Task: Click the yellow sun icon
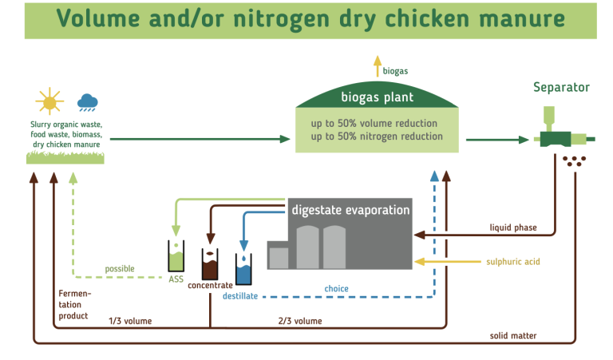[49, 102]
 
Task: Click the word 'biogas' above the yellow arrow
[395, 71]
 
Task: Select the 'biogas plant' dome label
[378, 98]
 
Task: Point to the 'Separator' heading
[562, 87]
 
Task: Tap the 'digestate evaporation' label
[350, 210]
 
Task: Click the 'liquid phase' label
[513, 227]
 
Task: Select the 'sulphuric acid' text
[514, 262]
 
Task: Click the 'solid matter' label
[513, 335]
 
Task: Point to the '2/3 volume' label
[300, 321]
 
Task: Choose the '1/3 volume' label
[130, 321]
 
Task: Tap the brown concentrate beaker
[211, 263]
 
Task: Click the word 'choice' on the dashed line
[336, 289]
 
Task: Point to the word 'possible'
[120, 268]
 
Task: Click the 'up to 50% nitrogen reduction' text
[378, 136]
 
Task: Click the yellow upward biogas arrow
[378, 66]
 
